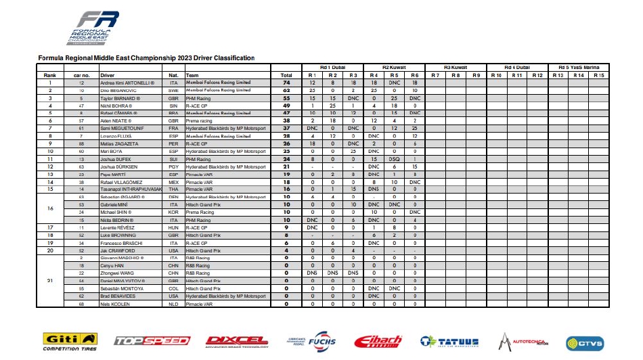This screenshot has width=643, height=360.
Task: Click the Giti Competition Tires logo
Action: click(69, 342)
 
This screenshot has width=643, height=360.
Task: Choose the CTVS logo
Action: click(584, 342)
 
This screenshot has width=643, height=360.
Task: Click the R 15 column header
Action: click(599, 74)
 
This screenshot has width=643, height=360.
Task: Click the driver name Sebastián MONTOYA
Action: click(124, 288)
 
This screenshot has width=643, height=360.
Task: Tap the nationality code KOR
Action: click(173, 212)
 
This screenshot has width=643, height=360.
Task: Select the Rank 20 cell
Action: click(49, 250)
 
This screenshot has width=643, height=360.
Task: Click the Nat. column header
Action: click(173, 75)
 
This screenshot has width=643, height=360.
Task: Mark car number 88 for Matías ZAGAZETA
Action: click(81, 143)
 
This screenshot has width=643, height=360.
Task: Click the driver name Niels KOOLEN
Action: click(116, 304)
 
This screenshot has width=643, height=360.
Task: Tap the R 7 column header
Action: click(435, 74)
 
